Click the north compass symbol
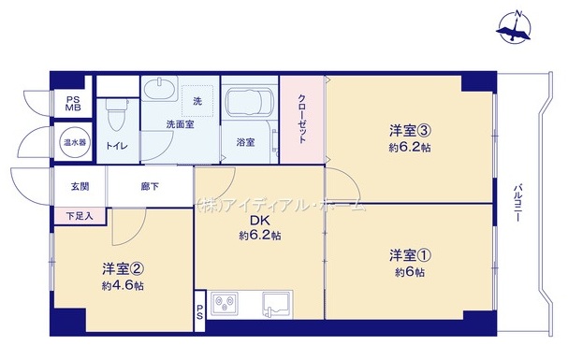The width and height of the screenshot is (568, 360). [x=514, y=28]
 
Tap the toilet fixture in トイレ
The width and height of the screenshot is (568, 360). [x=117, y=115]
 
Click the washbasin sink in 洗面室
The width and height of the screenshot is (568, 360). [x=159, y=88]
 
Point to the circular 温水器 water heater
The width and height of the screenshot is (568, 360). [x=75, y=142]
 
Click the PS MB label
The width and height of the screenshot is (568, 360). [x=73, y=104]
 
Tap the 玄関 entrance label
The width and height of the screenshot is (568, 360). [x=80, y=187]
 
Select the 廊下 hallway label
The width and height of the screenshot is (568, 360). [x=150, y=187]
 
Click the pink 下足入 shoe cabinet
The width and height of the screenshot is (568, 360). [x=80, y=216]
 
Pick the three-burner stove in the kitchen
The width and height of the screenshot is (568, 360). [x=225, y=304]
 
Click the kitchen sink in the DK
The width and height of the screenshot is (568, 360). [x=276, y=304]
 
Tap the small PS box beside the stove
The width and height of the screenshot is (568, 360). [x=200, y=310]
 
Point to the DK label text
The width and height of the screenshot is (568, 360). [x=260, y=221]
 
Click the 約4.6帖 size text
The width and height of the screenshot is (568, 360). [x=123, y=286]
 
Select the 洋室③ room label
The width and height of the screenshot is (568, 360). [x=410, y=131]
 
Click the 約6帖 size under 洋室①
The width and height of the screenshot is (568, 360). [x=410, y=272]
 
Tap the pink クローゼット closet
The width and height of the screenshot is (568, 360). [x=301, y=120]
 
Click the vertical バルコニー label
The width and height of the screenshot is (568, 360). [x=517, y=203]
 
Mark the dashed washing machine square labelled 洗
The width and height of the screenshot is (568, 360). [x=197, y=101]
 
